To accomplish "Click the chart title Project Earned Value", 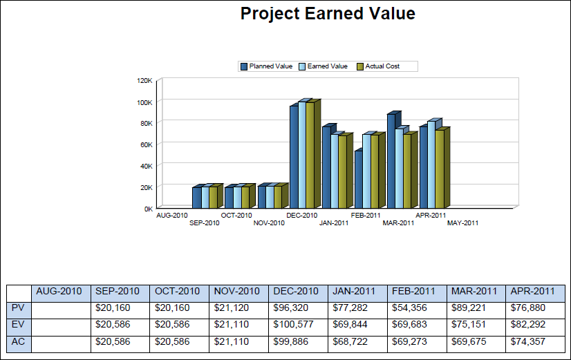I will [328, 14].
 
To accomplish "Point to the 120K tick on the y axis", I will [144, 80].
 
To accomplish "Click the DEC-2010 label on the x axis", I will [301, 216].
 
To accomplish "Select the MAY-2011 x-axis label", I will [462, 223].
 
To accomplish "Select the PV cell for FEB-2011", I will [415, 307].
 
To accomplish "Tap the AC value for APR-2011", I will [534, 341].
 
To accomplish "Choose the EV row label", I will [19, 324].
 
